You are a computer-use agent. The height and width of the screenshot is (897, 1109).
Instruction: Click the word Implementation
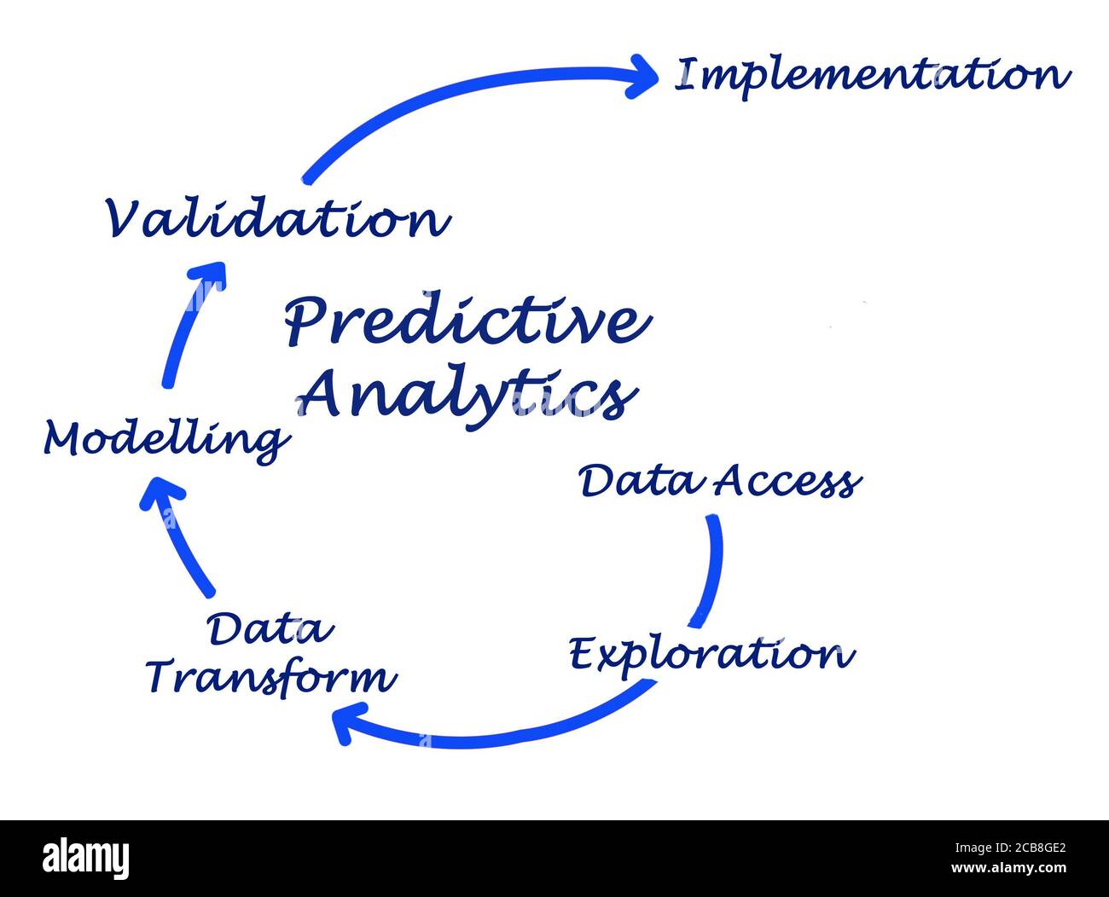(x=872, y=75)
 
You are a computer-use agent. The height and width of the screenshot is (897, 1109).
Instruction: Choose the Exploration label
(x=711, y=655)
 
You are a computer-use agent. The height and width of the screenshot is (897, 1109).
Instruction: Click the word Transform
(x=271, y=678)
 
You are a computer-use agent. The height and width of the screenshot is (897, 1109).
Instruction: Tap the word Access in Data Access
(x=787, y=482)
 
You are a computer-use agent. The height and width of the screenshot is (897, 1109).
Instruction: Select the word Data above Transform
(x=270, y=630)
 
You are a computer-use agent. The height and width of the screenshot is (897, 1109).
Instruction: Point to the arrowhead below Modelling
(x=161, y=495)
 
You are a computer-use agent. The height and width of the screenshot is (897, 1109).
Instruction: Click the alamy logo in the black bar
(x=85, y=858)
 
